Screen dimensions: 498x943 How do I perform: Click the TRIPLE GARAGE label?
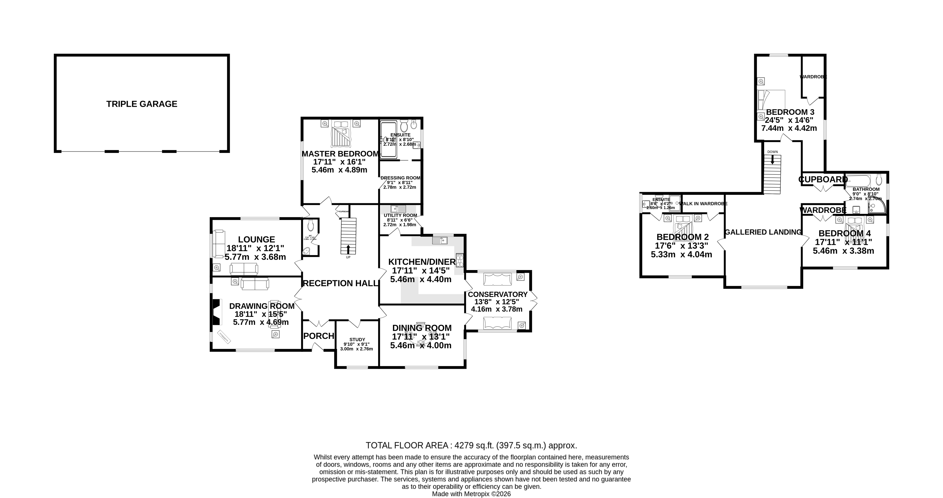pos(142,104)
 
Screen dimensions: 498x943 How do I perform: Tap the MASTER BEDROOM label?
pos(340,154)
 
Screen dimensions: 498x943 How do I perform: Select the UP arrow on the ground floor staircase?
pos(348,250)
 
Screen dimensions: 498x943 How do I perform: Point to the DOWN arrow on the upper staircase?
pos(772,160)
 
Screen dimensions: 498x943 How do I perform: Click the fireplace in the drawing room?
pos(217,312)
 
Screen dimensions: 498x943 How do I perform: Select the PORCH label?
pos(318,336)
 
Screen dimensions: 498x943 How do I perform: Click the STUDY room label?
pos(357,339)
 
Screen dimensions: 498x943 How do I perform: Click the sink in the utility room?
pos(398,209)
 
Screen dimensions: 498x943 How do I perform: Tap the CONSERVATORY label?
pos(498,295)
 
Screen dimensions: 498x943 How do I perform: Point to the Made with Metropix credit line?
pos(471,494)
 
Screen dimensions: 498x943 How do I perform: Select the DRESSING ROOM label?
pos(400,178)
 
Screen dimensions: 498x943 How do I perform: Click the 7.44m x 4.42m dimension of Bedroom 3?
pos(789,128)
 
